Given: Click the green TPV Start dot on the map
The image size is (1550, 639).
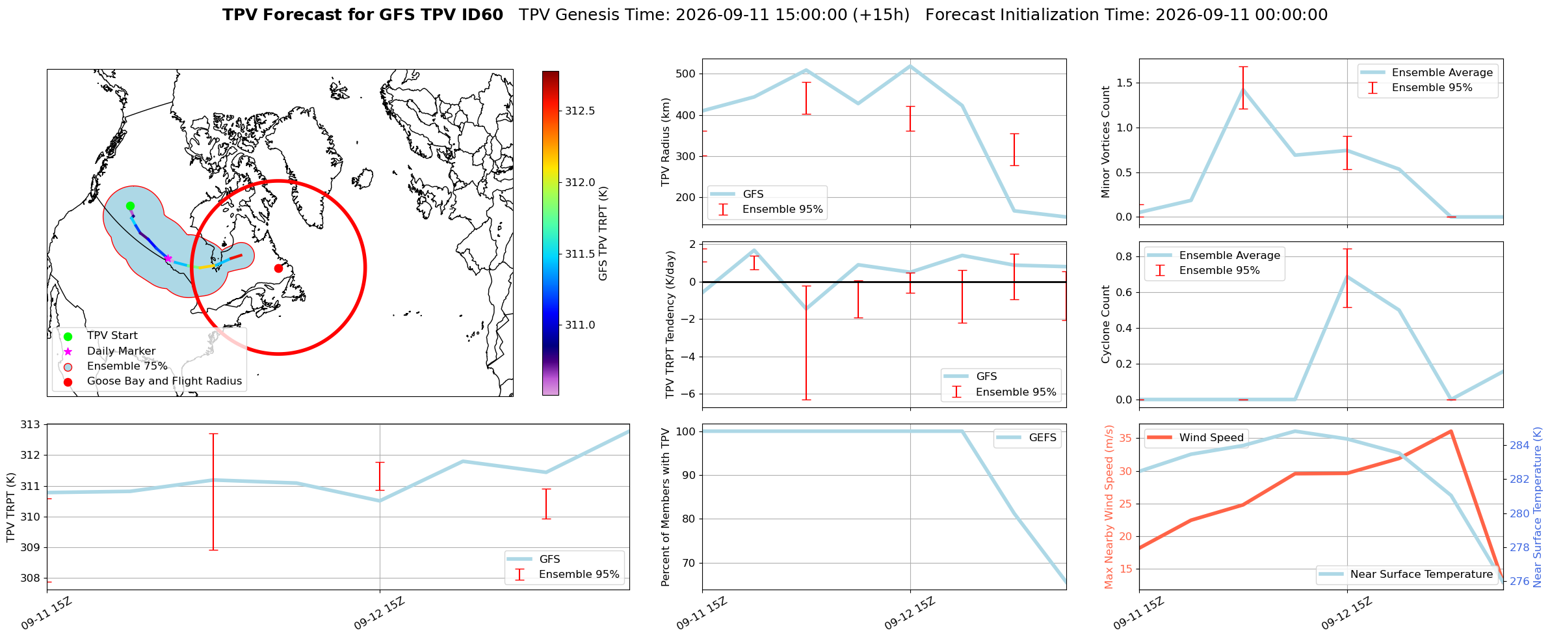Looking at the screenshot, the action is (130, 206).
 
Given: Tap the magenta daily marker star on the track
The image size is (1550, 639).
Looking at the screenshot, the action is (168, 258).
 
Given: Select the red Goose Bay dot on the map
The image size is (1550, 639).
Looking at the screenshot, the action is (278, 268).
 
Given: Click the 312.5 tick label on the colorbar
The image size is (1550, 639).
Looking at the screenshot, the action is (580, 111).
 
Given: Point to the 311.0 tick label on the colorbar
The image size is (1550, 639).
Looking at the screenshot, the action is (580, 325).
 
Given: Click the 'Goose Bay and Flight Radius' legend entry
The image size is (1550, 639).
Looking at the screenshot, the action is (164, 381).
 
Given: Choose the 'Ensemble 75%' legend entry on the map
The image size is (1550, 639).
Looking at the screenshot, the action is (127, 366).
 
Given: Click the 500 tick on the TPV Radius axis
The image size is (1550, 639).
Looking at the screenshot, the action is (687, 74).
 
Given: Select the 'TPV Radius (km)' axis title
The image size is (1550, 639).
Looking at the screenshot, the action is (666, 142).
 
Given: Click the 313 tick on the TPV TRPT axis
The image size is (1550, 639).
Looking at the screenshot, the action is (31, 425).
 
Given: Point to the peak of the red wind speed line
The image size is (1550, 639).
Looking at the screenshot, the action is (1451, 431).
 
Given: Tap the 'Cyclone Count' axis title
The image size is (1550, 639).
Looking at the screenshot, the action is (1105, 324).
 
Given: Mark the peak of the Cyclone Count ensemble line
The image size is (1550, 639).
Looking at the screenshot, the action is (1347, 277).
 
